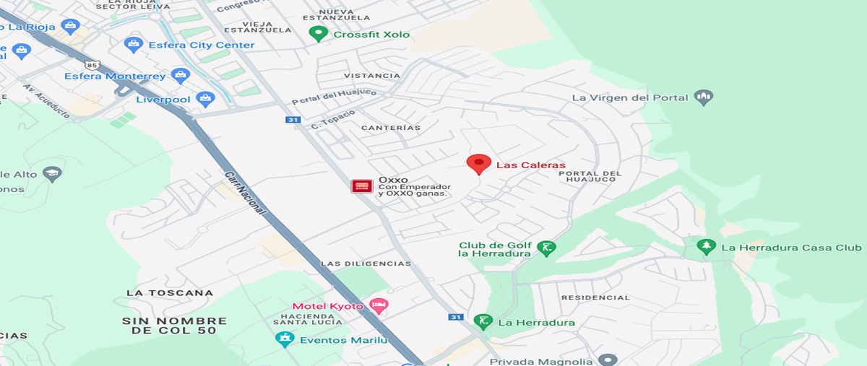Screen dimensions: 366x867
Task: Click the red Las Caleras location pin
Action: tap(478, 164)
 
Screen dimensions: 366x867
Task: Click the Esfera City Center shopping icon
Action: tap(133, 45)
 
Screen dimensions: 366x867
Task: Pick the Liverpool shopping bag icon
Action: tap(206, 98)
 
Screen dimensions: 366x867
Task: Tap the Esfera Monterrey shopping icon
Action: tap(180, 75)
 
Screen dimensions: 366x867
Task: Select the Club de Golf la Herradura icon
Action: tap(547, 249)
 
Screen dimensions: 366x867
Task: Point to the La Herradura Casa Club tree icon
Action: tap(706, 247)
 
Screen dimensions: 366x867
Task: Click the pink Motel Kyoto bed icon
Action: tap(379, 305)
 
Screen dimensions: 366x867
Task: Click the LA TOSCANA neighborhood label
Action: tap(170, 292)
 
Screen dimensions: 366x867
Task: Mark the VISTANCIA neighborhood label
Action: tap(371, 76)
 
